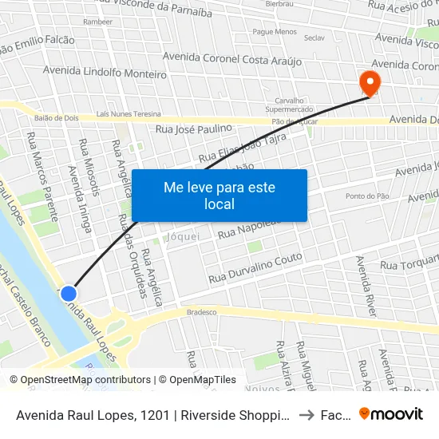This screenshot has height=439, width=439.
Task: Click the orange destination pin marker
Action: pyautogui.click(x=370, y=82)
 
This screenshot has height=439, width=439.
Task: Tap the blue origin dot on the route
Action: pyautogui.click(x=69, y=294)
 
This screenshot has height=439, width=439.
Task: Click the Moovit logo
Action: pyautogui.click(x=391, y=414)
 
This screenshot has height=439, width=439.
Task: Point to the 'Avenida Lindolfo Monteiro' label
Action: pyautogui.click(x=105, y=72)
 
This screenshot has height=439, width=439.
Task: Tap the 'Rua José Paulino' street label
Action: pyautogui.click(x=194, y=128)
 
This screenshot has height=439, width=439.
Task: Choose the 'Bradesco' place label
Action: pyautogui.click(x=201, y=312)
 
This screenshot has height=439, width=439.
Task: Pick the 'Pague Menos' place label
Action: pyautogui.click(x=275, y=32)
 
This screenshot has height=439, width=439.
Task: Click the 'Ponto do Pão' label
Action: pyautogui.click(x=366, y=196)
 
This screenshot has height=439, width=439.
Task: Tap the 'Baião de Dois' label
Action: pyautogui.click(x=54, y=117)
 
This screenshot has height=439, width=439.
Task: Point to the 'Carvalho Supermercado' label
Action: pyautogui.click(x=291, y=105)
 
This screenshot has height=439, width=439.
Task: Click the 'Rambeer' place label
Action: pyautogui.click(x=98, y=22)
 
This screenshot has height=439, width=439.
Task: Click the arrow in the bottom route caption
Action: pyautogui.click(x=305, y=414)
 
